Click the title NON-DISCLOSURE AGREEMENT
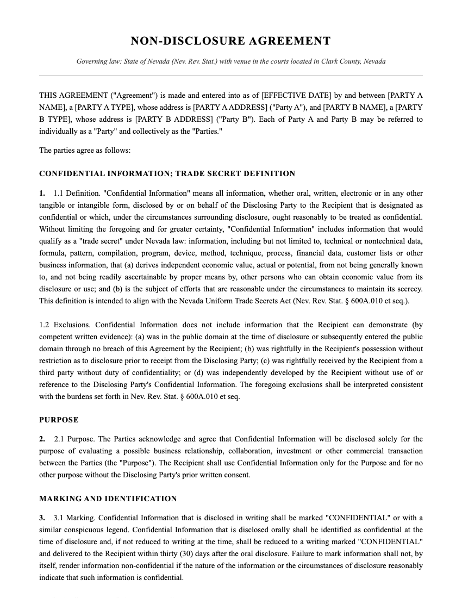click(x=230, y=41)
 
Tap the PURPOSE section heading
click(x=59, y=420)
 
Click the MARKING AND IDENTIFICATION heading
click(x=108, y=499)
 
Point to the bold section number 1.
click(x=42, y=194)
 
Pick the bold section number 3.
click(x=42, y=518)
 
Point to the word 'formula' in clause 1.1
click(x=53, y=253)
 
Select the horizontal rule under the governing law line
click(x=230, y=76)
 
